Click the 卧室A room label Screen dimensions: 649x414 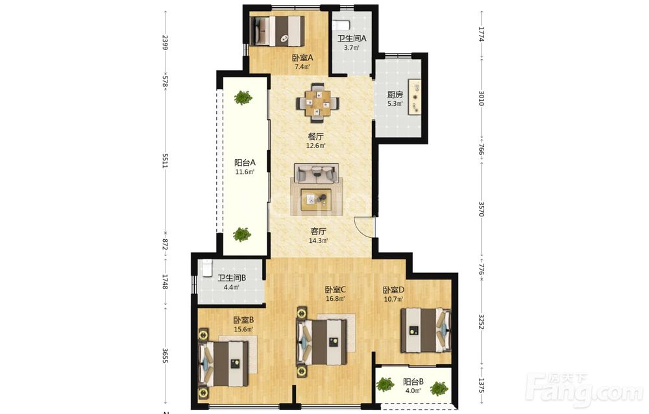click(302, 58)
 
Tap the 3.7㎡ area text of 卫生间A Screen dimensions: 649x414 click(351, 47)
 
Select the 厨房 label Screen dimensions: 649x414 click(395, 94)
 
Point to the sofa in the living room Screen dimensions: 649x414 click(316, 174)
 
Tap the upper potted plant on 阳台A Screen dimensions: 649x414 click(243, 97)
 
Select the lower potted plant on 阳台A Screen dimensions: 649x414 click(241, 235)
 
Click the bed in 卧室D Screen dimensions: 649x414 click(426, 330)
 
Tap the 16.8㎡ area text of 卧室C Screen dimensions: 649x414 click(336, 298)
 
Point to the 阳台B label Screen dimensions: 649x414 click(413, 382)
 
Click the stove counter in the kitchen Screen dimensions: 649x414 click(415, 97)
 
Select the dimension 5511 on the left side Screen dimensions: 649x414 click(165, 161)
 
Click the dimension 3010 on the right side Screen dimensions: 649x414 click(481, 99)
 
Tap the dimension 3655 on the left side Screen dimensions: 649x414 click(165, 356)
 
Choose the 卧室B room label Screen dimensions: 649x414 click(243, 320)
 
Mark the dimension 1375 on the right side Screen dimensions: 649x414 click(481, 385)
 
